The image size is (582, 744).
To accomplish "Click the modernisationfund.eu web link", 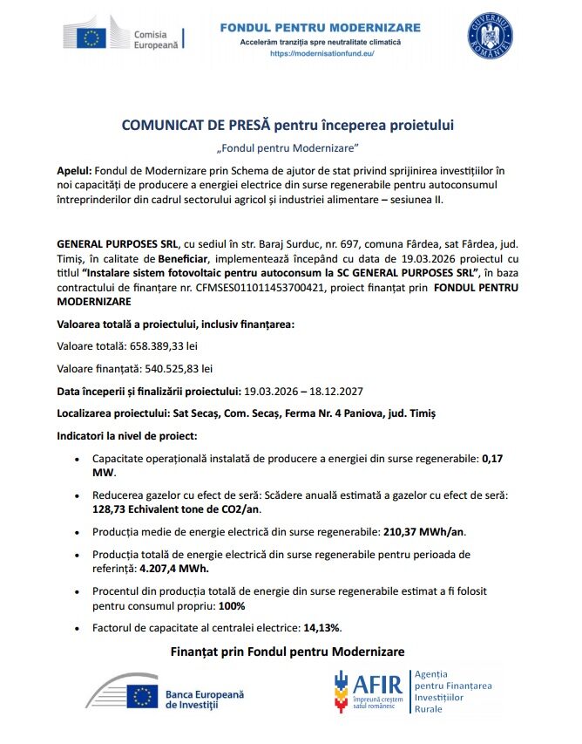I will tap(321, 54).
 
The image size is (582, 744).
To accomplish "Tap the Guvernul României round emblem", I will tap(490, 36).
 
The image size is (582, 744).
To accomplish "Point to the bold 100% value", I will tap(232, 604).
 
